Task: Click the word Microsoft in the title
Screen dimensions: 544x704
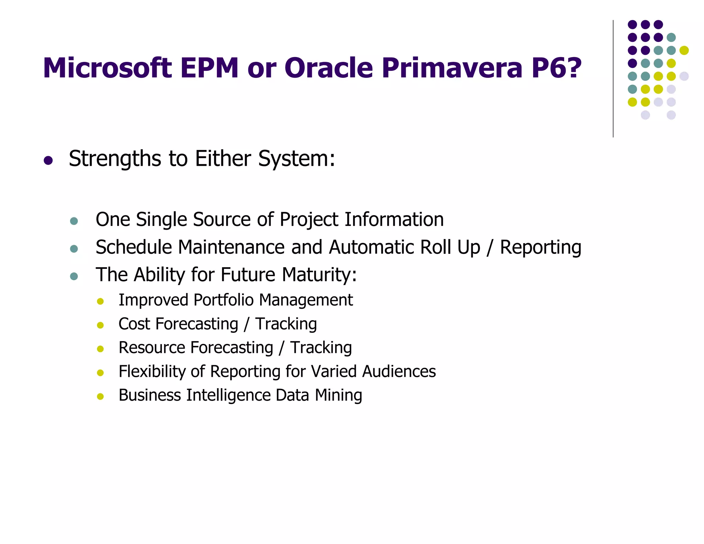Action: (x=107, y=68)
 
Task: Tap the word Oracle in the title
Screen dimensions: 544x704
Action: (x=328, y=68)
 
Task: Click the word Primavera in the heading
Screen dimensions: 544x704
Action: (x=452, y=68)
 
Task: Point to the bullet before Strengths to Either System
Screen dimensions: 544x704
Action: (x=48, y=160)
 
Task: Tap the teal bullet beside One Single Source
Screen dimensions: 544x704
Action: (x=74, y=221)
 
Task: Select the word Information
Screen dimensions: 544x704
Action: (x=394, y=219)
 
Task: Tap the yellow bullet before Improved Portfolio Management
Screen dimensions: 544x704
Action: (x=100, y=302)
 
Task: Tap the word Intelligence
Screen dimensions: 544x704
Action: (x=228, y=395)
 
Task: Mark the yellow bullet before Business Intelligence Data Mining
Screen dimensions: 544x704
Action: (x=100, y=396)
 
